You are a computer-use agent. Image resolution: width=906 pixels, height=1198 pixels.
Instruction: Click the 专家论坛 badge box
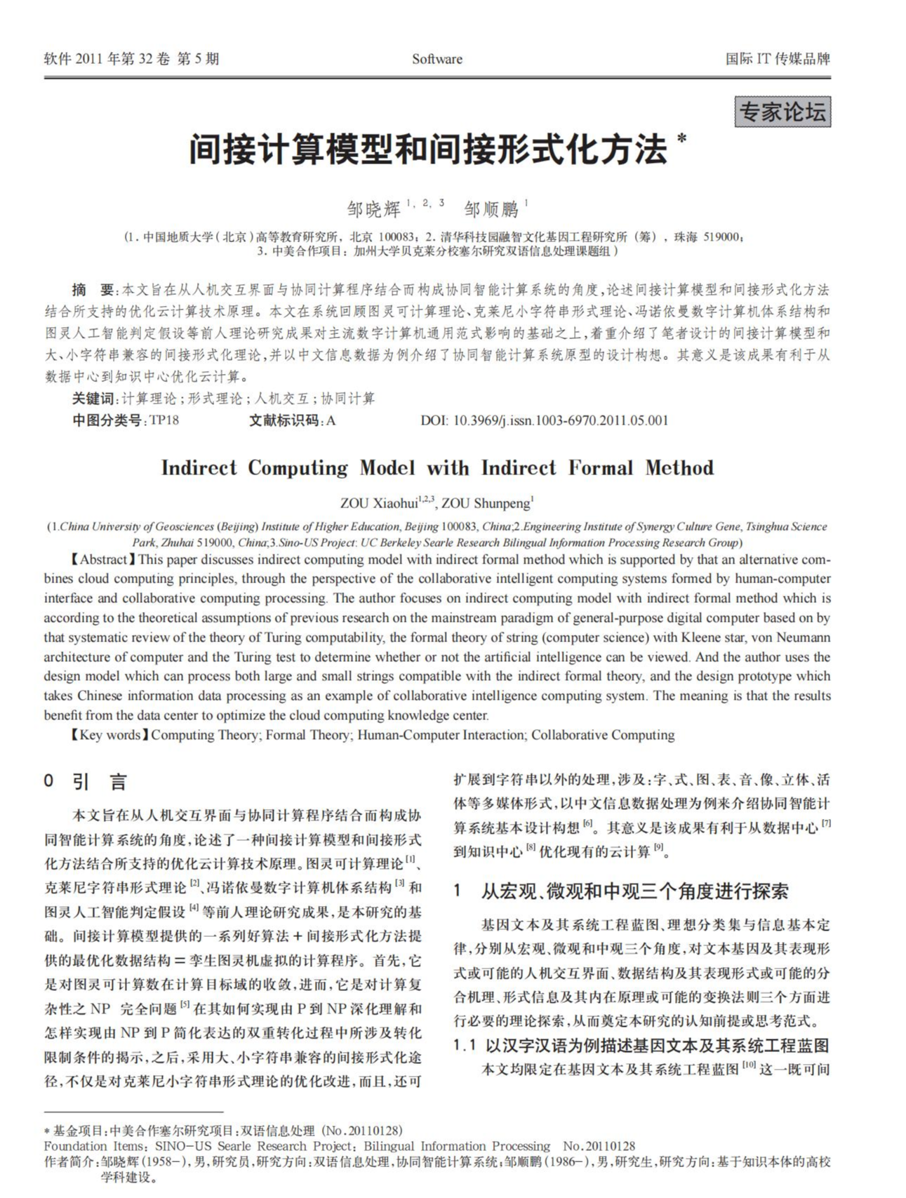point(782,112)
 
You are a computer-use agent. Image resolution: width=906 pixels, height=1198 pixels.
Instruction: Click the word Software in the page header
point(437,59)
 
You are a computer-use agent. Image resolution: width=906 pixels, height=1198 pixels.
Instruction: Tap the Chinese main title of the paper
point(427,149)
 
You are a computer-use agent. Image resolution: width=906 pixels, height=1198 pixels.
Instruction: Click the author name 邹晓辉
point(373,209)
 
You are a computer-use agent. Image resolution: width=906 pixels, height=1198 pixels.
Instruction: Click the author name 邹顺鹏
point(491,209)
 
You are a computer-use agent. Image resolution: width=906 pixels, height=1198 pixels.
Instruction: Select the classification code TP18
point(164,420)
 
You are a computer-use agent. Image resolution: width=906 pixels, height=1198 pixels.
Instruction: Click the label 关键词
point(93,399)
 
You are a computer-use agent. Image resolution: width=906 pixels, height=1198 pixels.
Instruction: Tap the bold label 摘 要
point(93,290)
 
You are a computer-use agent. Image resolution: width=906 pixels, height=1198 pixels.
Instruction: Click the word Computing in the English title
point(298,468)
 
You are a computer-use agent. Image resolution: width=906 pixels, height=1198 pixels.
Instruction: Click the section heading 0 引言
point(86,782)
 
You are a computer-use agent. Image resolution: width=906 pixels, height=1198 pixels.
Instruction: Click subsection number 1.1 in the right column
point(465,1046)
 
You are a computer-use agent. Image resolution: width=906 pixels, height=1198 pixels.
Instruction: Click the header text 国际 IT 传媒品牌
point(778,59)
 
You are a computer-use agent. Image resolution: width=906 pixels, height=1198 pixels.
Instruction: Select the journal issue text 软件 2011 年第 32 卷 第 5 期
point(131,59)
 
